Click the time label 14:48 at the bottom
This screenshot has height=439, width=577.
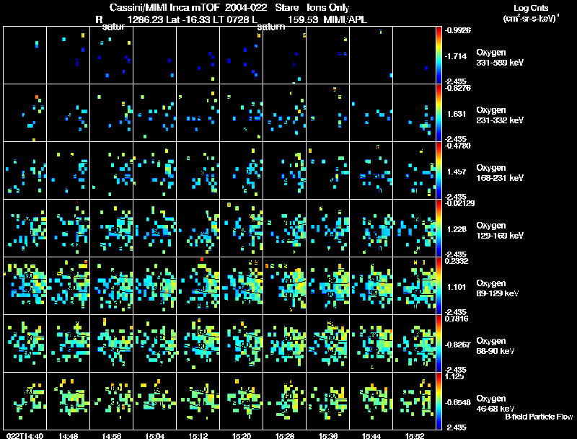tap(69, 435)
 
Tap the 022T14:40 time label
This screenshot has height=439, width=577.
tap(23, 435)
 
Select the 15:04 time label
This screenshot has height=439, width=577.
tap(155, 435)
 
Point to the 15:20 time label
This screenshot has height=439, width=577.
tap(242, 435)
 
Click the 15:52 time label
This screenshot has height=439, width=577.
tap(415, 435)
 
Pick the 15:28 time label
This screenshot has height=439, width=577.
tap(285, 435)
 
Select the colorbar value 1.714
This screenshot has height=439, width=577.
tap(457, 56)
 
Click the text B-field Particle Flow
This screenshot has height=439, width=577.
tap(538, 417)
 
